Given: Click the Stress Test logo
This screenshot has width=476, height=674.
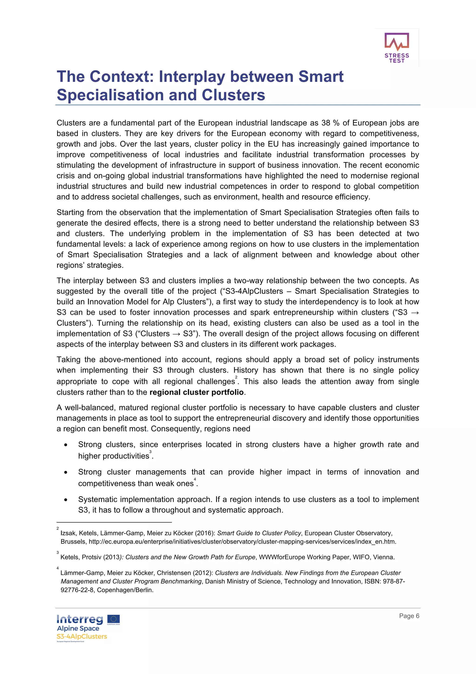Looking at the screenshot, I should [x=397, y=47].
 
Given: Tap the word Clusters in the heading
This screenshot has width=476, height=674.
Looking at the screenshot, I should [x=233, y=95].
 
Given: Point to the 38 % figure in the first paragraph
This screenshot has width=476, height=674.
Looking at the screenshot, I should [x=330, y=123].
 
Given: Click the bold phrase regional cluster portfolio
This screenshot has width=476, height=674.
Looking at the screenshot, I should [x=196, y=392].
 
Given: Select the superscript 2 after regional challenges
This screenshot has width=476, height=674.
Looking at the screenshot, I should [x=236, y=377].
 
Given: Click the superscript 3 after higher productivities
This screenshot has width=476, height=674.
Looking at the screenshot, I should [x=150, y=451].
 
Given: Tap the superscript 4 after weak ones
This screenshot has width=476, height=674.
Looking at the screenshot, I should [x=195, y=479].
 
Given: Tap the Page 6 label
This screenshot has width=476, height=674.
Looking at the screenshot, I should [x=409, y=616].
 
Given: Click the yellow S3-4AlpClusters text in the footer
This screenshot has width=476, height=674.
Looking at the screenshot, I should [x=82, y=636].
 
